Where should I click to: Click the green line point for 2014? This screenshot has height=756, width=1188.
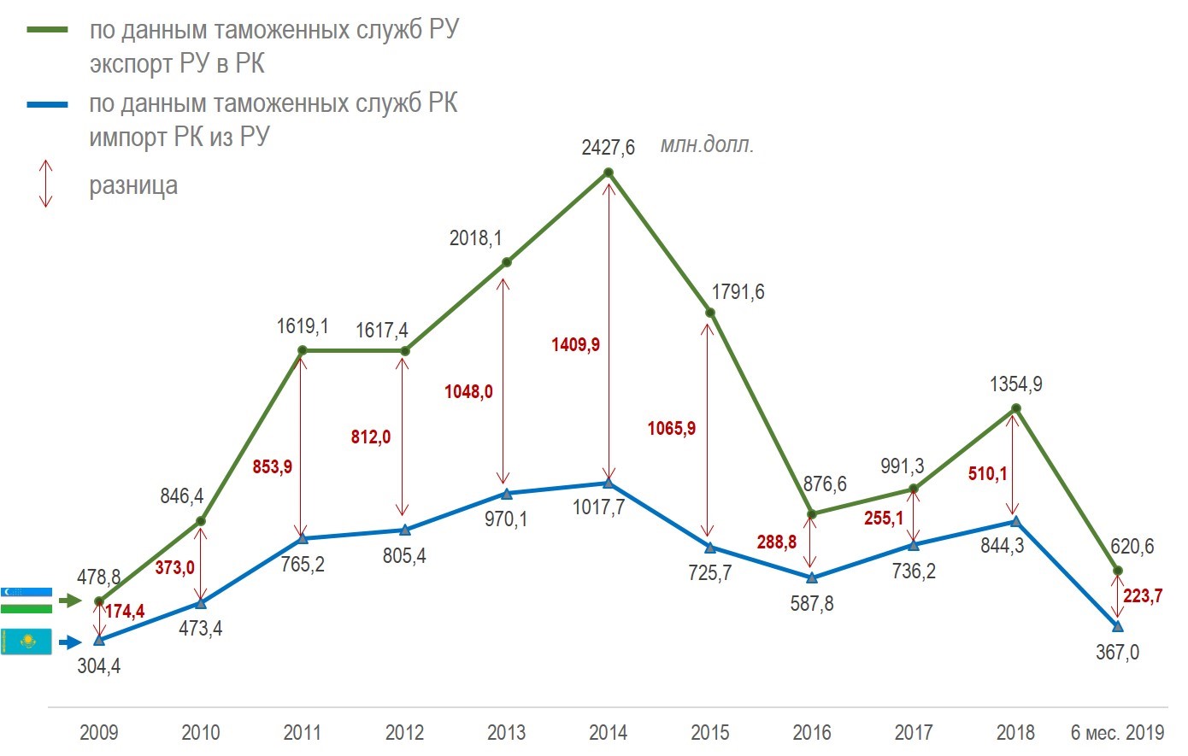click(609, 173)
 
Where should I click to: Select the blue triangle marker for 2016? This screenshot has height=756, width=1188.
click(812, 578)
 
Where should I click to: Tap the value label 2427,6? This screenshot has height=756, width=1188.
click(608, 148)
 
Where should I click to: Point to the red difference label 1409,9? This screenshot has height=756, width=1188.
click(575, 345)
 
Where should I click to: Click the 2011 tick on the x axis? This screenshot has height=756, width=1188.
click(303, 733)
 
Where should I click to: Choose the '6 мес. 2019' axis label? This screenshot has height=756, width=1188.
click(1117, 733)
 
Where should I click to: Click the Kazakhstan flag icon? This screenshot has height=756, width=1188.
click(26, 642)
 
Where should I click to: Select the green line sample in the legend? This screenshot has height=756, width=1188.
click(47, 30)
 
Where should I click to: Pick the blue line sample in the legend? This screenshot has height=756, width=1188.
click(47, 104)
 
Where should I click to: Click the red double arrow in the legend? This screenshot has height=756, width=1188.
click(46, 184)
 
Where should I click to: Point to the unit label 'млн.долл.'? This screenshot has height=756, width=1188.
click(707, 145)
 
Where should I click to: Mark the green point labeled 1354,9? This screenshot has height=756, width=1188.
click(1015, 409)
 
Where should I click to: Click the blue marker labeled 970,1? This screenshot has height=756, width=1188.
click(506, 494)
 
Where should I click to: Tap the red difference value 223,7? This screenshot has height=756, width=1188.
click(1143, 596)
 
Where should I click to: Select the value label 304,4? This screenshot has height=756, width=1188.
click(99, 666)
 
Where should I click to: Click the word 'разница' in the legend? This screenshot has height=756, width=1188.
click(133, 185)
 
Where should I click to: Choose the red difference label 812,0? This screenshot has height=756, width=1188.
click(371, 437)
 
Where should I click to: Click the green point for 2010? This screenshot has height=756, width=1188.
click(201, 521)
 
